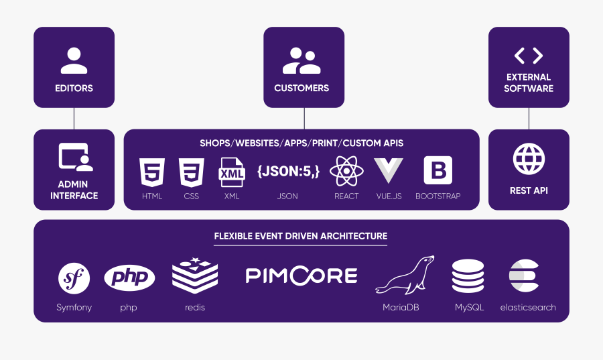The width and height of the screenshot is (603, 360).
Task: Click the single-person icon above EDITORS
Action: (x=74, y=60)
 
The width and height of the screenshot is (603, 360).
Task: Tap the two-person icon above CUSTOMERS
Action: (x=301, y=60)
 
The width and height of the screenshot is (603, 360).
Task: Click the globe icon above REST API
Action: (x=529, y=159)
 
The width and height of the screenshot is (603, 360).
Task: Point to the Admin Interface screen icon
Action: (x=75, y=158)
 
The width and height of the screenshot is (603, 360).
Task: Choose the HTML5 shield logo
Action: (x=152, y=172)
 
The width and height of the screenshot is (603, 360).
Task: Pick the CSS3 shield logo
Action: (x=191, y=172)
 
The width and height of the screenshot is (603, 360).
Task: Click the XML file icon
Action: (x=232, y=172)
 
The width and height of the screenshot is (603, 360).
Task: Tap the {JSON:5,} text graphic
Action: (x=287, y=172)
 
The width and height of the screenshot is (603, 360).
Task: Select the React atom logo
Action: (x=346, y=172)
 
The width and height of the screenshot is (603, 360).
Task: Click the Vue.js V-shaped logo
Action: (x=389, y=172)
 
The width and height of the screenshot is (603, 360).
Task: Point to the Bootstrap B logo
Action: (x=438, y=171)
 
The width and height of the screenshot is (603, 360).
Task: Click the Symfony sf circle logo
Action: (x=74, y=278)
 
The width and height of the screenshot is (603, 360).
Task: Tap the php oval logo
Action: (x=129, y=278)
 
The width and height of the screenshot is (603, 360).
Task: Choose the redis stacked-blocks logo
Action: (x=195, y=276)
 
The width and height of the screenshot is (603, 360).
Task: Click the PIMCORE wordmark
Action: (x=301, y=276)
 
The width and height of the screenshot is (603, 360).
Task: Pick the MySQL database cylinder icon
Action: (x=468, y=276)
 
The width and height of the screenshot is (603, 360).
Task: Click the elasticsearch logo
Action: (x=527, y=276)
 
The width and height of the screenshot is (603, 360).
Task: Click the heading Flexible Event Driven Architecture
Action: (x=300, y=236)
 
